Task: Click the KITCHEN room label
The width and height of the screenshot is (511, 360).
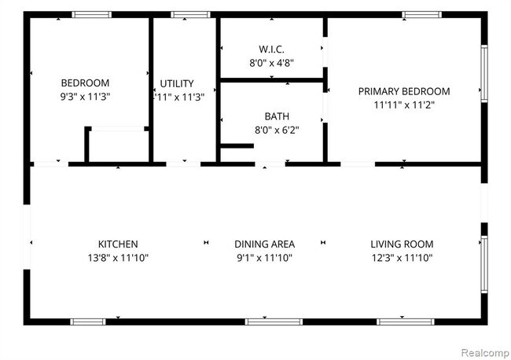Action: (x=118, y=244)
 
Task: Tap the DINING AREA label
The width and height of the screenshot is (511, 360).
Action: (x=265, y=244)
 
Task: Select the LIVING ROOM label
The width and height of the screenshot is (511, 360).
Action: (x=402, y=244)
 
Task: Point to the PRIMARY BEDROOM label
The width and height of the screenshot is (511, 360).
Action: (x=404, y=91)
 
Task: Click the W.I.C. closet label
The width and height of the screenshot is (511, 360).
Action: (x=271, y=50)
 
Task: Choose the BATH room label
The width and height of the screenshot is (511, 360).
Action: (x=277, y=116)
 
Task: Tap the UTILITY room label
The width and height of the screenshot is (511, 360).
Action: (x=177, y=84)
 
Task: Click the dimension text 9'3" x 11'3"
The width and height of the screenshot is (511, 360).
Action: (x=85, y=97)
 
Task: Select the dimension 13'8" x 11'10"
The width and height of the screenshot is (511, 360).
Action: (x=118, y=258)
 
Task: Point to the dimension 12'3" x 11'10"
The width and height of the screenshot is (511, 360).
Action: (x=402, y=258)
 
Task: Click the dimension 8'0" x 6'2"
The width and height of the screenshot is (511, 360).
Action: (x=277, y=130)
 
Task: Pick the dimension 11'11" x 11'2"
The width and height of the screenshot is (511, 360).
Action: (x=404, y=105)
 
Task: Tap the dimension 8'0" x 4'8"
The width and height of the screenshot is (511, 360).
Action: (x=271, y=63)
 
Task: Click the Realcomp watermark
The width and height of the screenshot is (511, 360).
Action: (x=485, y=353)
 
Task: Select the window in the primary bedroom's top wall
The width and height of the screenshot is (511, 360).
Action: (x=421, y=15)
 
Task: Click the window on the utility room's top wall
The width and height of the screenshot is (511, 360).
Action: (x=191, y=15)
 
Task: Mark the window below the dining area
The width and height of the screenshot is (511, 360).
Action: (x=274, y=322)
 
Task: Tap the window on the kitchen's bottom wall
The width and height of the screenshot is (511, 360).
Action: (x=88, y=322)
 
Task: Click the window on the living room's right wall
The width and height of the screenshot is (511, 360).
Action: (x=484, y=264)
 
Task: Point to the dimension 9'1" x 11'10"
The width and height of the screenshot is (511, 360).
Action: (x=265, y=258)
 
